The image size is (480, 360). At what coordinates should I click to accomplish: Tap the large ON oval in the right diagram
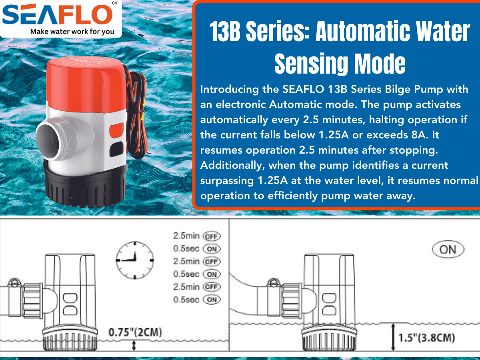tap(448, 250)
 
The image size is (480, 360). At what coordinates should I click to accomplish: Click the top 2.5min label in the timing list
tap(186, 236)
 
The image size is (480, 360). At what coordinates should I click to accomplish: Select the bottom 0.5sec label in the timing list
tap(186, 300)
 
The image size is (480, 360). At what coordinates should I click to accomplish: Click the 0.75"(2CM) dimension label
tap(135, 332)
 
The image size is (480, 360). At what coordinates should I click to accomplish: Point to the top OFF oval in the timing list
tap(212, 236)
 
